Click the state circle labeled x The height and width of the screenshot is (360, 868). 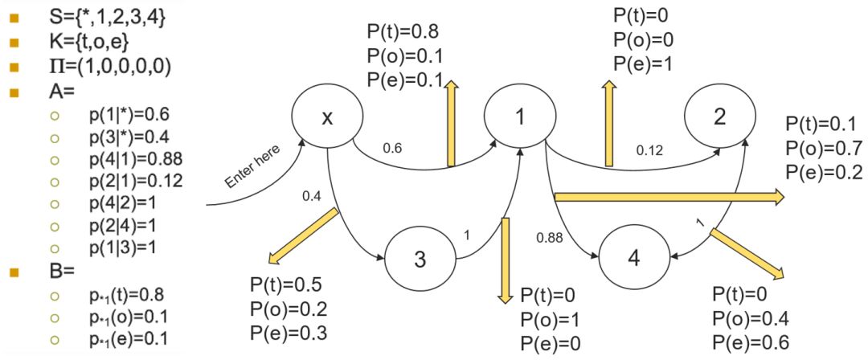tap(326, 117)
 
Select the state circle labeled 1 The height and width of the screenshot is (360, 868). tap(520, 117)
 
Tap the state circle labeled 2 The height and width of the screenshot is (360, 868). tap(719, 117)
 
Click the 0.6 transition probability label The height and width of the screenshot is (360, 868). tap(392, 149)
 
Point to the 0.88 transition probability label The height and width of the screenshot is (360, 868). tap(551, 237)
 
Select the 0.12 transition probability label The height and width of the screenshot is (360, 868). tap(649, 149)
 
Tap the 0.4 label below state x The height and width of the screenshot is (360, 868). tap(311, 195)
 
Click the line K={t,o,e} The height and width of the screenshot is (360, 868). tap(88, 40)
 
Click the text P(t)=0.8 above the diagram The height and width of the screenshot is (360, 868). tap(403, 34)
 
